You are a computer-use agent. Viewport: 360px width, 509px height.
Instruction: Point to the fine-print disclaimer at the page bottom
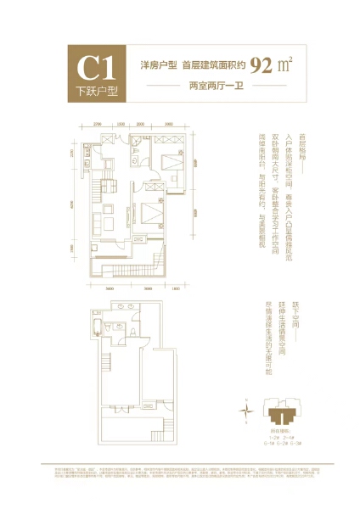180,472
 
